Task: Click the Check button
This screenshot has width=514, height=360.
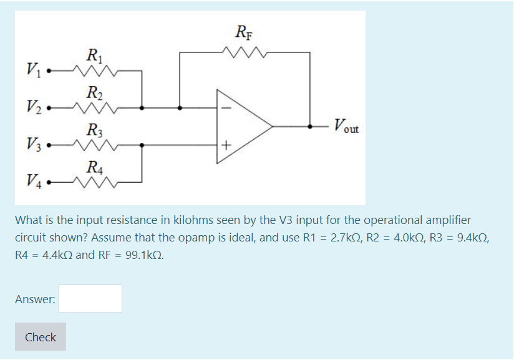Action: pos(41,337)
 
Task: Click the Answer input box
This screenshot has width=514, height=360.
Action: pos(90,299)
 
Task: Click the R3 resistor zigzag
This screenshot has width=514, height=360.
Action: pos(94,145)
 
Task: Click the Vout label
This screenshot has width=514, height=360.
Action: pos(346,127)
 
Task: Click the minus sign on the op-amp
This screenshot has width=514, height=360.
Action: pos(226,108)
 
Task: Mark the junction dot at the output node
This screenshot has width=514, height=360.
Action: pos(310,126)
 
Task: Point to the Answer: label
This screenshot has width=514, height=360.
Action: pos(35,299)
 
